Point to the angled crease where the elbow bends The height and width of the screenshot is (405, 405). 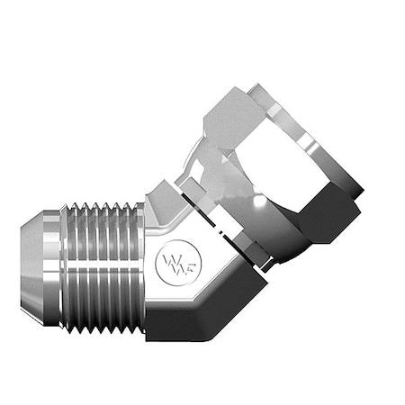tap(180, 297)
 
